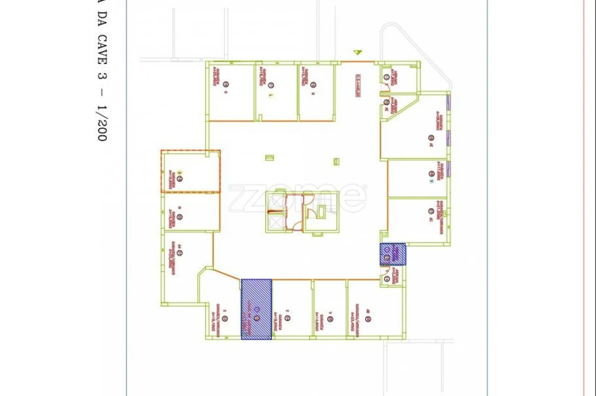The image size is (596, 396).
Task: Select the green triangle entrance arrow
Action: pyautogui.click(x=358, y=53)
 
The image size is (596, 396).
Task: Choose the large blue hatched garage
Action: pyautogui.click(x=257, y=309)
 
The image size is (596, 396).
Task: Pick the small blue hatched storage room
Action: pyautogui.click(x=393, y=254)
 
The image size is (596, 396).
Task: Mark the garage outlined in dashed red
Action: pyautogui.click(x=190, y=170)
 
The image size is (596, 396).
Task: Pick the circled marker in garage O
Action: pyautogui.click(x=225, y=85)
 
